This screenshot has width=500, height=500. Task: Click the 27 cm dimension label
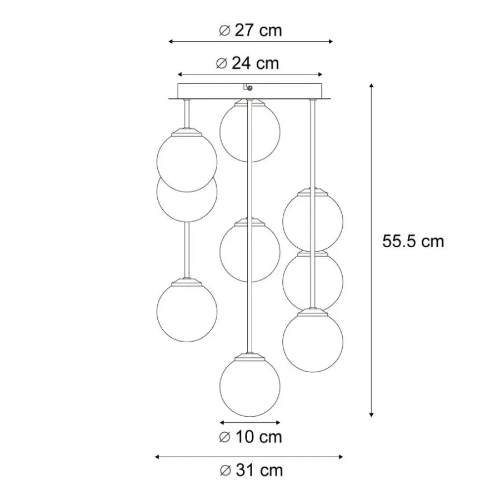pyautogui.click(x=251, y=31)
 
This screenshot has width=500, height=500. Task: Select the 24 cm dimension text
pyautogui.click(x=247, y=63)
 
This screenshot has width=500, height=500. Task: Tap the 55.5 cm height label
pyautogui.click(x=413, y=241)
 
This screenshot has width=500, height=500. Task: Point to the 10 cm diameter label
pyautogui.click(x=251, y=437)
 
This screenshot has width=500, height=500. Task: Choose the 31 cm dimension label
pyautogui.click(x=251, y=471)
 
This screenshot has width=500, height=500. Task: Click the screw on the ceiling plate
pyautogui.click(x=250, y=87)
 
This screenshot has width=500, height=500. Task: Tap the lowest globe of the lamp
pyautogui.click(x=250, y=386)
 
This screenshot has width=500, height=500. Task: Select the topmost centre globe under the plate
pyautogui.click(x=249, y=131)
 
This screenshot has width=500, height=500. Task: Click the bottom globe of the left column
pyautogui.click(x=187, y=311)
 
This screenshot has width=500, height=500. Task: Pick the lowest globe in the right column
pyautogui.click(x=313, y=341)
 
